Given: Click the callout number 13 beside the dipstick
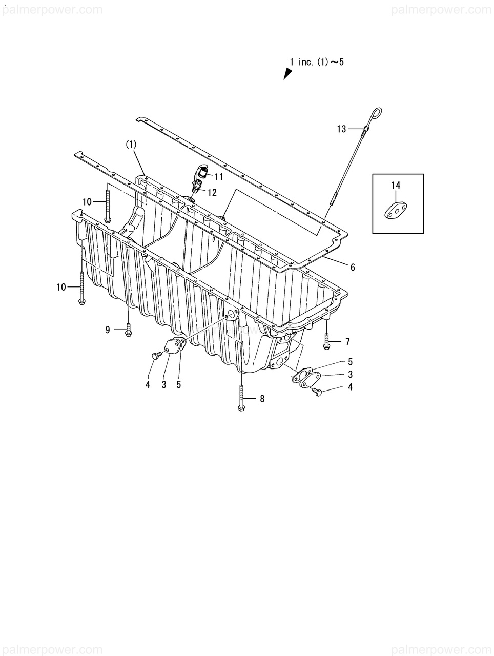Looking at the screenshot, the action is [342, 129].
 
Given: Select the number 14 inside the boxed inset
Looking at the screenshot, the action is [396, 186].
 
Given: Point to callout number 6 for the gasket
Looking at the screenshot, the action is [353, 267].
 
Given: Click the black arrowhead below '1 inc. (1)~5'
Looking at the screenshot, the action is [288, 74].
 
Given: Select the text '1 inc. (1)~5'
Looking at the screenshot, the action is [317, 62].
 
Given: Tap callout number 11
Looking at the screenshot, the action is [219, 177].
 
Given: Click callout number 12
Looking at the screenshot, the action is [211, 193].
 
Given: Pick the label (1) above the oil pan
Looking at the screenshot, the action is [131, 145].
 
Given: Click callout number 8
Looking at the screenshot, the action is [262, 398].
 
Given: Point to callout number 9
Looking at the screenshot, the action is [108, 330].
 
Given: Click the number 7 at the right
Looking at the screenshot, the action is [347, 341].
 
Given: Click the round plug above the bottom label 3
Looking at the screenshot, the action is [173, 348].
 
